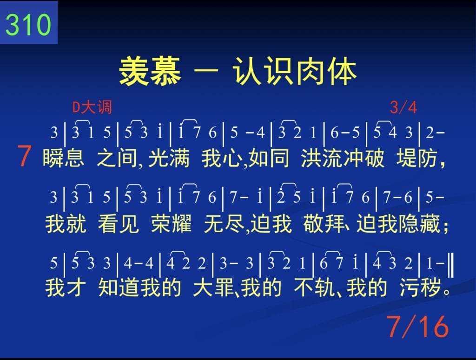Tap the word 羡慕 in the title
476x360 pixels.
150,72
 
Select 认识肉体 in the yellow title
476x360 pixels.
294,72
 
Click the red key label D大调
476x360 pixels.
93,107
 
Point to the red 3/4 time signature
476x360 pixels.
403,107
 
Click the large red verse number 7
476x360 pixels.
24,156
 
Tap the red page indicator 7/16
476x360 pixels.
417,327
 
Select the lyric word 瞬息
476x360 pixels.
63,158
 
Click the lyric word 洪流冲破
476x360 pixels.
343,158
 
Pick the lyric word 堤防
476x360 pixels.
417,158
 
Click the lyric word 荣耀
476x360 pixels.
172,224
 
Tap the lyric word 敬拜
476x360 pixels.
324,224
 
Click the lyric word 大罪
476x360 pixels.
214,287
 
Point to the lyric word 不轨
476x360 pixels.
314,287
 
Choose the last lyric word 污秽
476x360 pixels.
420,287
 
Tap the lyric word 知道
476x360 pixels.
119,287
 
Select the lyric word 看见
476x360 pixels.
119,224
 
